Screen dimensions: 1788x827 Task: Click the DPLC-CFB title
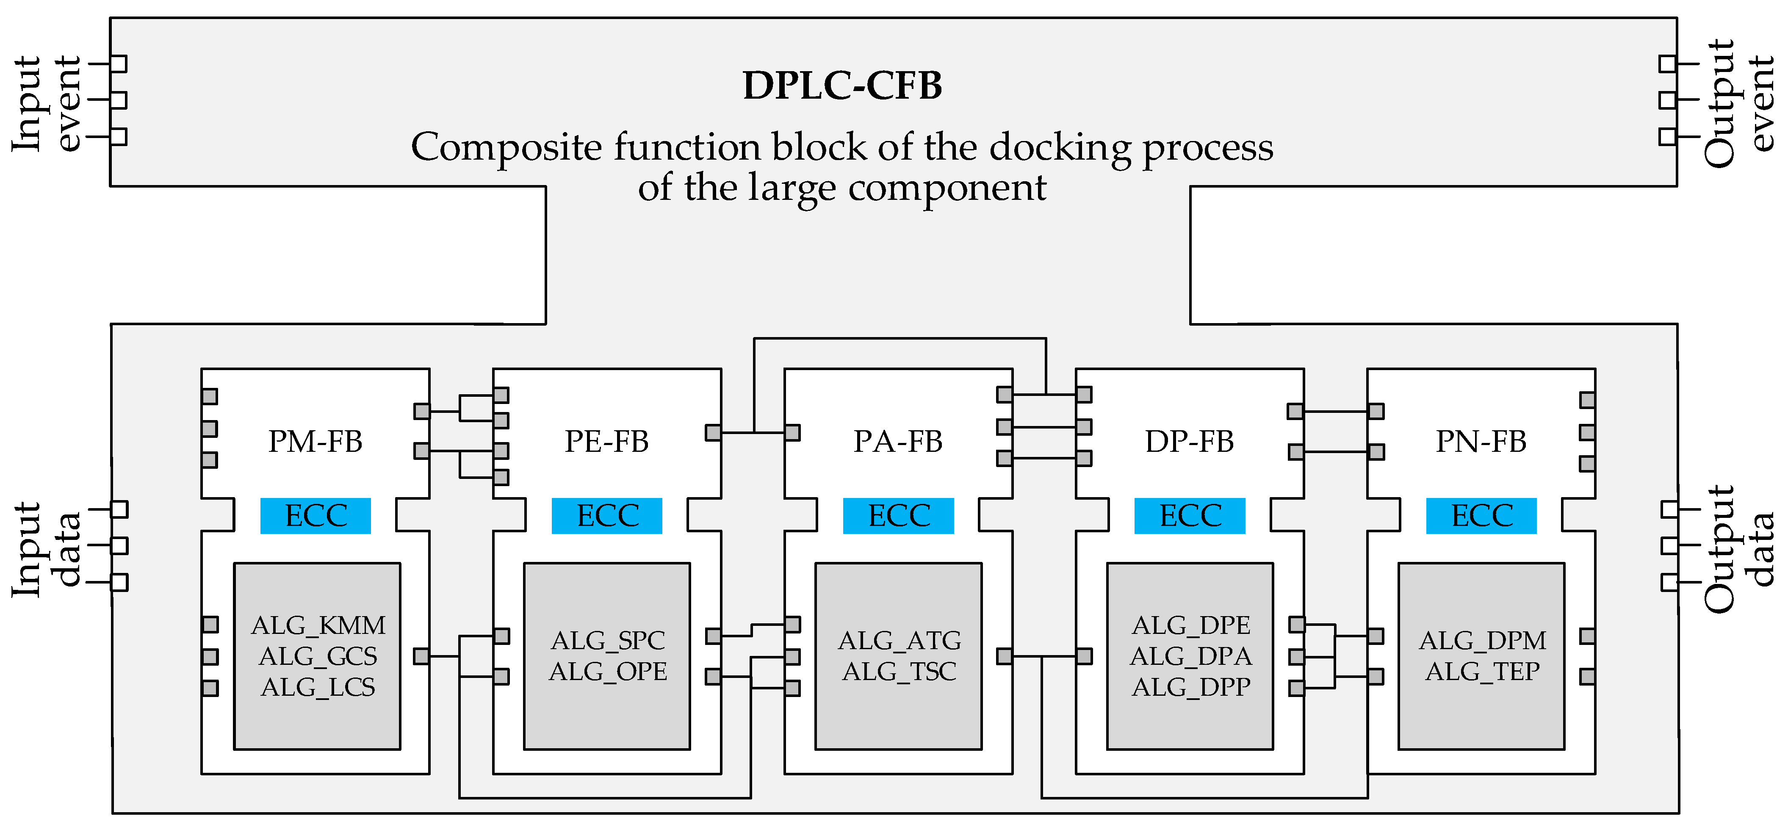[x=842, y=86]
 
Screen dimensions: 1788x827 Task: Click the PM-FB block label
[x=315, y=441]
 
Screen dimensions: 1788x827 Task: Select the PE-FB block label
[x=606, y=441]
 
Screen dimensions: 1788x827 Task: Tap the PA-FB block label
[x=898, y=441]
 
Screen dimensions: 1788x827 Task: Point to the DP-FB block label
[x=1190, y=441]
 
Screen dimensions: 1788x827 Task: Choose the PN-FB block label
[x=1481, y=441]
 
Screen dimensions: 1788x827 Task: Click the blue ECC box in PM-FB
[x=316, y=515]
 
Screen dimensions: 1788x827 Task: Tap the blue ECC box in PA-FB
[x=899, y=515]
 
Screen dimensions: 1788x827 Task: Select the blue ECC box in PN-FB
[x=1482, y=515]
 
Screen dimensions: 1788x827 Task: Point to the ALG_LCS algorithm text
[x=318, y=687]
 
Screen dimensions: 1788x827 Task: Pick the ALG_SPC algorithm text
[x=608, y=640]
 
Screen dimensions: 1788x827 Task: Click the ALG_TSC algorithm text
[x=900, y=672]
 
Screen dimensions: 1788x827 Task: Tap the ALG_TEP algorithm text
[x=1483, y=672]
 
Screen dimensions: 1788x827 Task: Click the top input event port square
[x=119, y=64]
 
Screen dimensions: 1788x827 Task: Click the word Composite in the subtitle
[x=507, y=148]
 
